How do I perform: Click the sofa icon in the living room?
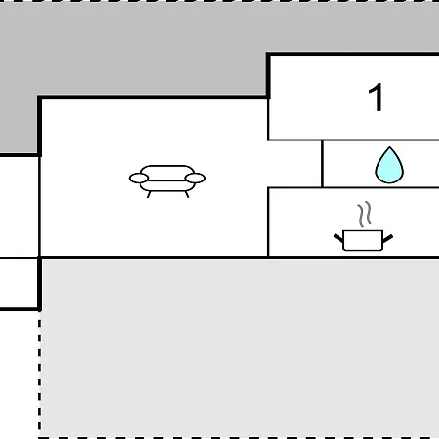(167, 180)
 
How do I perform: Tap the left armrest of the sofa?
(139, 179)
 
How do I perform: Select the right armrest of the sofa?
(195, 179)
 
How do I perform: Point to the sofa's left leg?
(149, 194)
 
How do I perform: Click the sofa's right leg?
(187, 194)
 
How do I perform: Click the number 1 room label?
(376, 98)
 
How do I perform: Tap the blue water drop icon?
(389, 165)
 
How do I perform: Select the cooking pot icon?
(363, 226)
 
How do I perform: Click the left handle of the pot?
(339, 238)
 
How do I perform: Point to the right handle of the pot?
(388, 239)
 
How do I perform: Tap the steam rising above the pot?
(365, 214)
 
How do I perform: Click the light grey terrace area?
(239, 348)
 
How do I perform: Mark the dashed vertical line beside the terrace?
(39, 374)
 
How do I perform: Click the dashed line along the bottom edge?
(239, 438)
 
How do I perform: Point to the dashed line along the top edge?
(219, 1)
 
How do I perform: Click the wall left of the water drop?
(322, 164)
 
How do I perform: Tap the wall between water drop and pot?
(353, 187)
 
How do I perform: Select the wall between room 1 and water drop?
(353, 140)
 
